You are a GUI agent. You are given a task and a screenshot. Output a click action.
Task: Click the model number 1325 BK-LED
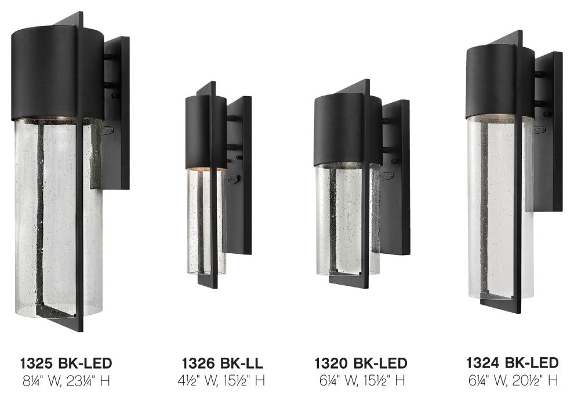66,363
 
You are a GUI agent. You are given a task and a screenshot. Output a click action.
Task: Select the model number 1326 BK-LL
222,363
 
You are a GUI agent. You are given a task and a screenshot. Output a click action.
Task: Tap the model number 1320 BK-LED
361,363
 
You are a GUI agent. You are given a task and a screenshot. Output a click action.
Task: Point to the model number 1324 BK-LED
512,363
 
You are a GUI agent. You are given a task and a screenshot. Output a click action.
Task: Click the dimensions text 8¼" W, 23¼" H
66,381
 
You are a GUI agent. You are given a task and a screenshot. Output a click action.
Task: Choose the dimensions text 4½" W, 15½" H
221,380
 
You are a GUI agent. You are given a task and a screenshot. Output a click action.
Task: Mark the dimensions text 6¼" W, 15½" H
362,380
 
